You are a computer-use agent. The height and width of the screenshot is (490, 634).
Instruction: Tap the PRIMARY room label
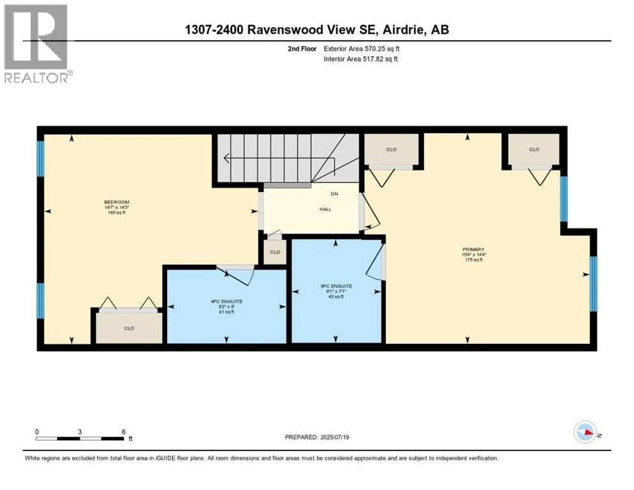pyautogui.click(x=474, y=249)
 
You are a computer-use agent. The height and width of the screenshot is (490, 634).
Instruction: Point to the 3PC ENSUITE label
pyautogui.click(x=336, y=286)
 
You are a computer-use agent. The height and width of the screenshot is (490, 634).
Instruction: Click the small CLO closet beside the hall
pyautogui.click(x=275, y=251)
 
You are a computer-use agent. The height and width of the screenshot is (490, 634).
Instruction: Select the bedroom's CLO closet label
pyautogui.click(x=129, y=328)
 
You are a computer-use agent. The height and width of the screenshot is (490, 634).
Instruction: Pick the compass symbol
pyautogui.click(x=584, y=432)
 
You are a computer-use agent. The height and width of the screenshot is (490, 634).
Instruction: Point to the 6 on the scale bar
pyautogui.click(x=122, y=431)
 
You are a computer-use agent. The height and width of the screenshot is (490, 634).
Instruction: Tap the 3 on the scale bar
pyautogui.click(x=80, y=431)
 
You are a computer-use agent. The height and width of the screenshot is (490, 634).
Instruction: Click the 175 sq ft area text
pyautogui.click(x=474, y=260)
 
